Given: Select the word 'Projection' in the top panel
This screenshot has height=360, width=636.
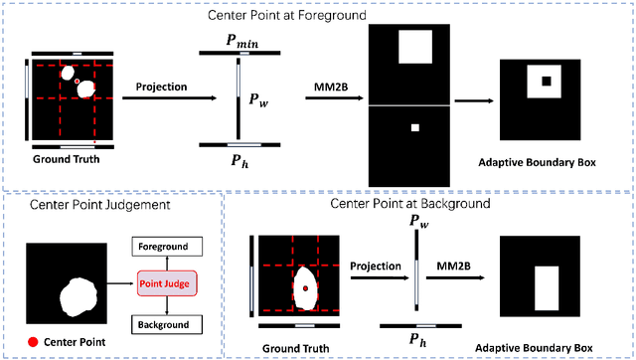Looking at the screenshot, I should tap(162, 86).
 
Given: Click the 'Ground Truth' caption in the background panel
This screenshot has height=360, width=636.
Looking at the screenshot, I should tap(296, 348).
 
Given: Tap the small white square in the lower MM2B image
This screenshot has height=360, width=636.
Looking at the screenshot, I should tap(415, 127).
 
